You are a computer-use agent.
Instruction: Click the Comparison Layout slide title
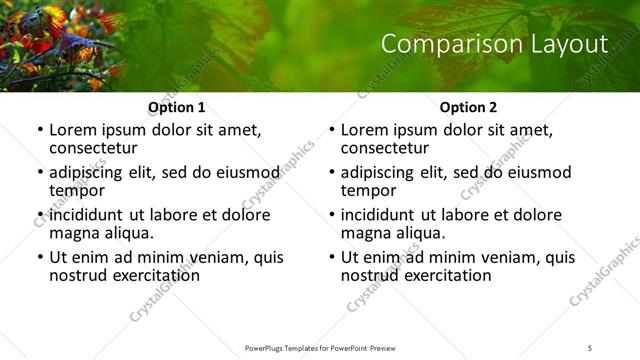click(494, 45)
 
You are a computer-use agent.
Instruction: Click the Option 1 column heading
click(176, 107)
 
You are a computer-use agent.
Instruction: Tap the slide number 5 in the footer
click(590, 347)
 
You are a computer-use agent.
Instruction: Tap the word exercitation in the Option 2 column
click(445, 275)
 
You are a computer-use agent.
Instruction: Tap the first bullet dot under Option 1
click(39, 131)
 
